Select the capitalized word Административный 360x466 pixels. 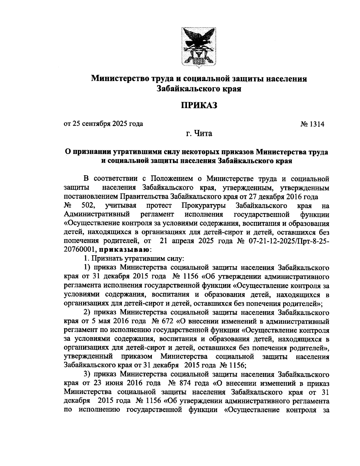click(x=97, y=215)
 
